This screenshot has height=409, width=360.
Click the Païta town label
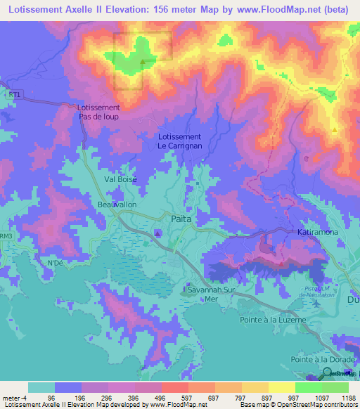click(x=181, y=219)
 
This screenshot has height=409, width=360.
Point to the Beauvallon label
click(x=97, y=204)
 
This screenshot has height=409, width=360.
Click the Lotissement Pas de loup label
click(x=98, y=112)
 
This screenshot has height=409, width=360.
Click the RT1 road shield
click(x=15, y=93)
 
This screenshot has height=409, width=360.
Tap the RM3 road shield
click(x=6, y=237)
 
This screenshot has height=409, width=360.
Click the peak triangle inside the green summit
click(x=143, y=63)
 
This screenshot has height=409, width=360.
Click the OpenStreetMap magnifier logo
click(x=327, y=374)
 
